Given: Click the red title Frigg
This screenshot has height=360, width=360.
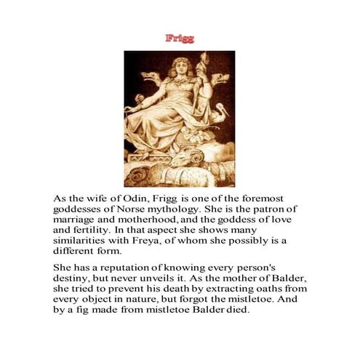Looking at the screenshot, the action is pyautogui.click(x=180, y=38).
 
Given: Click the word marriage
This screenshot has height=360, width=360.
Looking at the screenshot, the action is pyautogui.click(x=79, y=224).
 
